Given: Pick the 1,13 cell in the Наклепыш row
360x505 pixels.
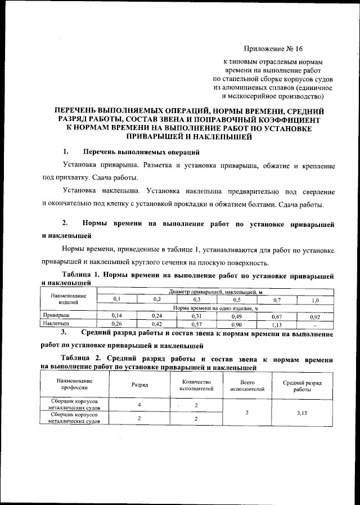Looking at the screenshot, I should (x=276, y=324).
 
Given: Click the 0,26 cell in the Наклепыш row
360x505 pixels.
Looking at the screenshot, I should (x=117, y=324).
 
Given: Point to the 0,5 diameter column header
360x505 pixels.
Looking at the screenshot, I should (x=237, y=300).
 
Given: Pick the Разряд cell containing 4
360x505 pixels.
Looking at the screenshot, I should (x=139, y=405).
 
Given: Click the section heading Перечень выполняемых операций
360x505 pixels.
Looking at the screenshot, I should (x=141, y=152).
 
